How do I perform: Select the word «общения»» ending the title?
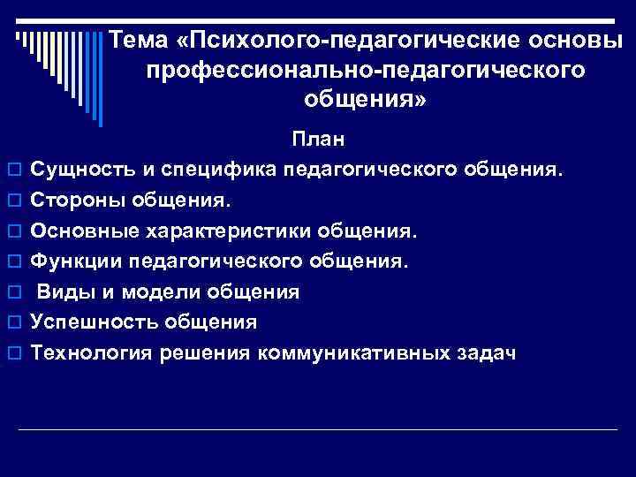tap(365, 99)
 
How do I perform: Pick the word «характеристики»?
tap(228, 231)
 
